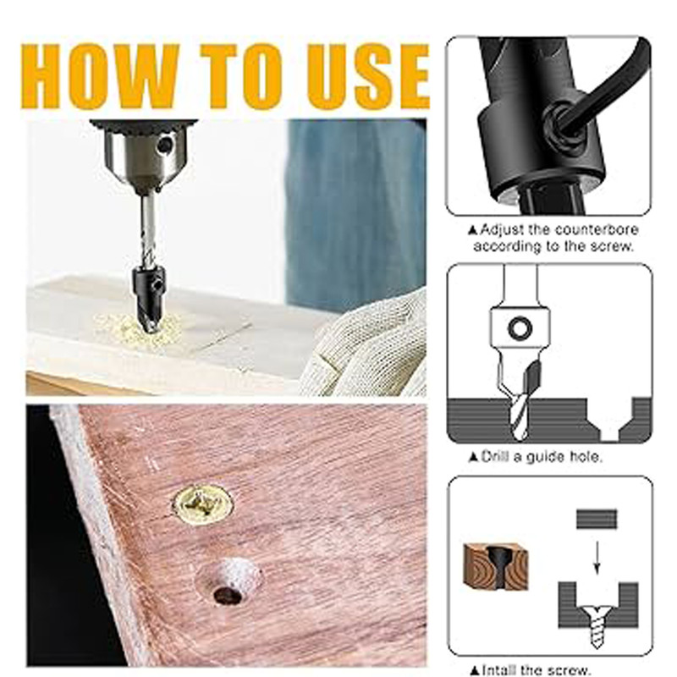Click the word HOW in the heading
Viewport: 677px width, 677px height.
[x=100, y=76]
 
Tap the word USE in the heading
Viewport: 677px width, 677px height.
[x=368, y=76]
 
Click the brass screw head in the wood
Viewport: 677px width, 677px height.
[x=202, y=504]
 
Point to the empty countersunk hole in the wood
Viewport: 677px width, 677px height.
[x=228, y=582]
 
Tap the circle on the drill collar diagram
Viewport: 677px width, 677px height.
[x=520, y=328]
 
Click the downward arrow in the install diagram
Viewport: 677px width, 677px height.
[x=597, y=558]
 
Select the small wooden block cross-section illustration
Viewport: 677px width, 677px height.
[x=496, y=566]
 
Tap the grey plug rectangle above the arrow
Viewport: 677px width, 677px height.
[x=597, y=519]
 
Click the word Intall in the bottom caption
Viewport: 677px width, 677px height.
[x=498, y=670]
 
